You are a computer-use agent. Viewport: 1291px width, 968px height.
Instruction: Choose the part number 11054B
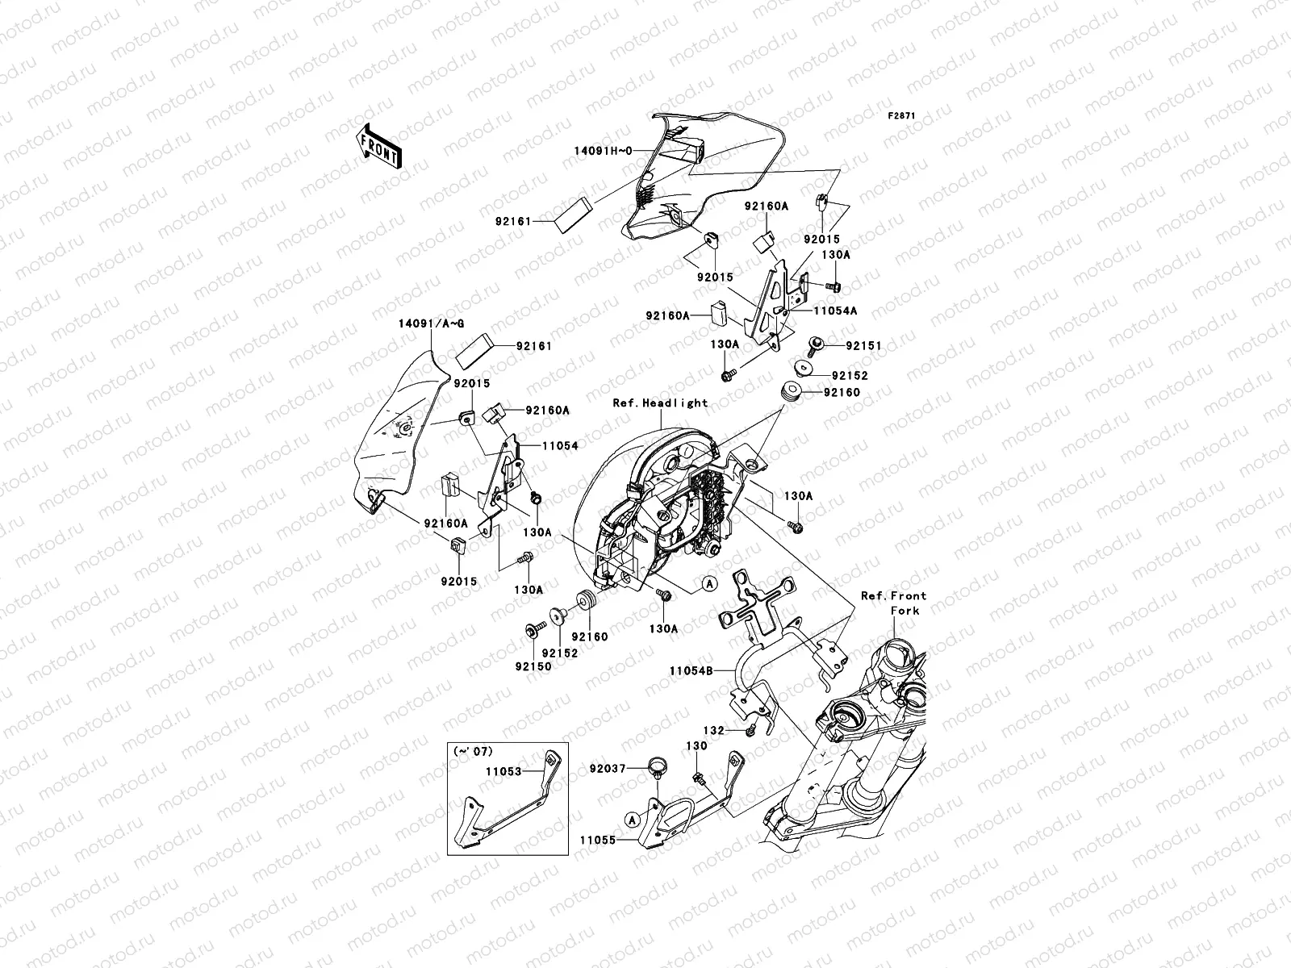[691, 670]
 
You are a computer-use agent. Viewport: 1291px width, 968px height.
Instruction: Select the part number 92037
[608, 770]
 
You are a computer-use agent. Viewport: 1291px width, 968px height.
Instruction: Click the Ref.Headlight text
[660, 403]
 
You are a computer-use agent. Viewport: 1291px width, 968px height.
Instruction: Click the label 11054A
[835, 310]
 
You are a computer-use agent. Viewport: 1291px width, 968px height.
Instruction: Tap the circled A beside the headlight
[708, 583]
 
